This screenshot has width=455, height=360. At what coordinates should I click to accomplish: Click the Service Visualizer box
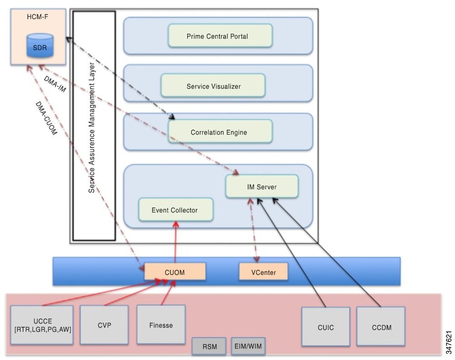point(213,86)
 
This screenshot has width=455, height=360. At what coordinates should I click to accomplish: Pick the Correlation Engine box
point(220,132)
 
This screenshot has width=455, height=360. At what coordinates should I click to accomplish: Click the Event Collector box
point(175,210)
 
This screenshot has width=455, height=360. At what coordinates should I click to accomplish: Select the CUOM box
point(175,272)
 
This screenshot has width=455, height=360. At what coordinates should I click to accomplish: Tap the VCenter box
point(264,272)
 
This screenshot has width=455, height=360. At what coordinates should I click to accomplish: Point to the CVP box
point(104,325)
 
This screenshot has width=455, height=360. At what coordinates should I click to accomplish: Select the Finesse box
point(161,325)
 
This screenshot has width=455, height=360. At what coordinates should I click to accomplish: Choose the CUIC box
point(326,327)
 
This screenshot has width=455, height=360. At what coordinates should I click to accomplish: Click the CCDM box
point(381,326)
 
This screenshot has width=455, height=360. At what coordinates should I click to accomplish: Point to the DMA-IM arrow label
point(55,84)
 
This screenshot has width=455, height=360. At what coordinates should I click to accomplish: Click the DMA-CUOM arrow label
point(46,119)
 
